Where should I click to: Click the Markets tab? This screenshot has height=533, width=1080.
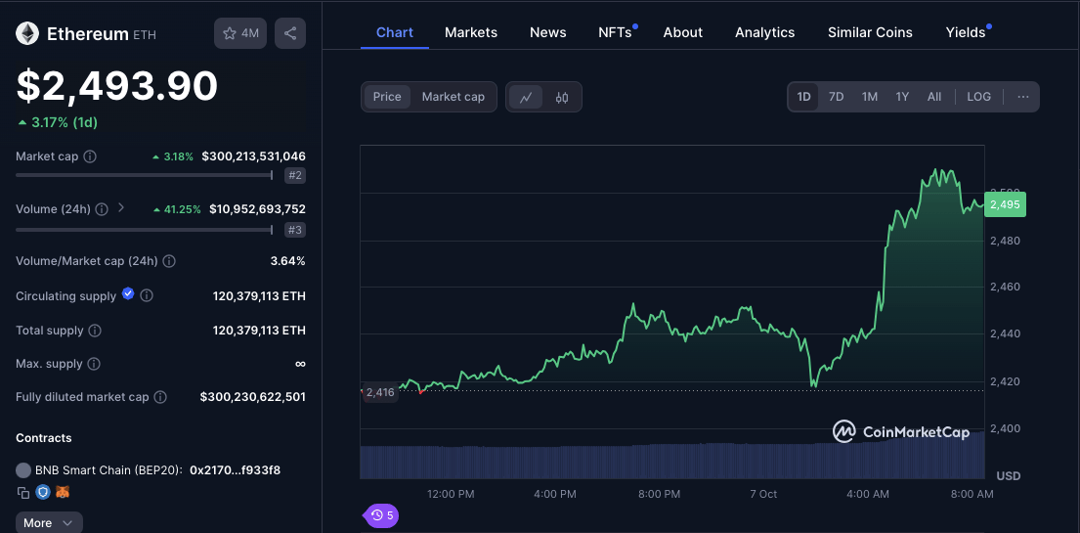tap(471, 32)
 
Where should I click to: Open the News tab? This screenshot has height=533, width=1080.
tap(547, 32)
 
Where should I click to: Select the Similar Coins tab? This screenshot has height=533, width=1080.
tap(870, 32)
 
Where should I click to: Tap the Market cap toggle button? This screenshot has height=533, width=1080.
tap(454, 97)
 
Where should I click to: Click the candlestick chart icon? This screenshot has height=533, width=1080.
tap(562, 97)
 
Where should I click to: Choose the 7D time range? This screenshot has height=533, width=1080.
tap(837, 97)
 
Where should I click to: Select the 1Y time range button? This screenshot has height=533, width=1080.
tap(902, 97)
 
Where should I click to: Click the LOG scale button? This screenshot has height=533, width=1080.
tap(978, 97)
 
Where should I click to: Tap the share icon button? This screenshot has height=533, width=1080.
tap(290, 33)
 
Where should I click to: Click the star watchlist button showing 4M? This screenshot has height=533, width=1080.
tap(240, 33)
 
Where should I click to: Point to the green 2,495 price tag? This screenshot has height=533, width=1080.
tap(1005, 204)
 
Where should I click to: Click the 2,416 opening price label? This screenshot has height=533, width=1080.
tap(380, 392)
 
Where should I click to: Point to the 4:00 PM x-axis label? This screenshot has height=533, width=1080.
tap(555, 494)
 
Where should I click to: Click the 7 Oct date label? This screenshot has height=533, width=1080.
tap(763, 494)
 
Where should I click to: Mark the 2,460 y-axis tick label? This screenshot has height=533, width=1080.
tap(1005, 287)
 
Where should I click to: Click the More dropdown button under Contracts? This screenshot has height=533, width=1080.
tap(49, 522)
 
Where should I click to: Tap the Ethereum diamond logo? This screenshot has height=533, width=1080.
tap(27, 33)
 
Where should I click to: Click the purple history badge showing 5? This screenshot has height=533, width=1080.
tap(381, 515)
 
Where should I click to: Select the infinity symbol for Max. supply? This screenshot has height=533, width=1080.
tap(300, 364)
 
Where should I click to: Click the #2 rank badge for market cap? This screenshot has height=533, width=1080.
tap(295, 175)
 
